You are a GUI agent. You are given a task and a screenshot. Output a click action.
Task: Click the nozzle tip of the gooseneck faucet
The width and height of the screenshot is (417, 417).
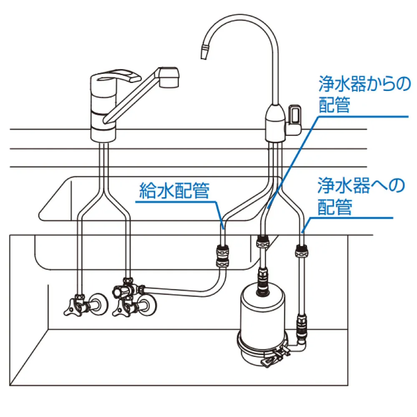204,52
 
